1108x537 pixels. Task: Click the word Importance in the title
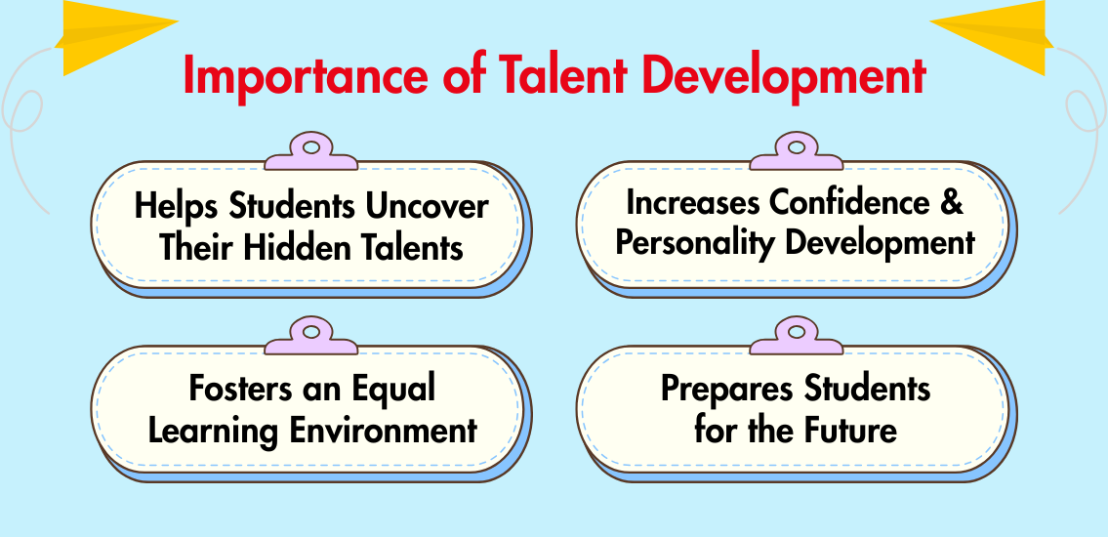coord(306,76)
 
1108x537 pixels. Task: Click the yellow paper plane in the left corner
coord(116,35)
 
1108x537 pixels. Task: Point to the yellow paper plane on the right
coord(992,35)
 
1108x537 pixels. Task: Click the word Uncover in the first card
coord(427,206)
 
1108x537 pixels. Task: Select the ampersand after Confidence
coord(953,203)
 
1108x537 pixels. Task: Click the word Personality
coord(695,244)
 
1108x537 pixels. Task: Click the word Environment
coord(385,431)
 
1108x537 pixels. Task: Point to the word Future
coord(853,430)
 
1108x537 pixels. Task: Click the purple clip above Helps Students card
coord(310,151)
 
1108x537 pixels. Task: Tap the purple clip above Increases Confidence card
coord(797,151)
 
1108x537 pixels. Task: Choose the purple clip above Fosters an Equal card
coord(310,336)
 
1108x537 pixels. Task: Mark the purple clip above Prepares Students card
coord(797,336)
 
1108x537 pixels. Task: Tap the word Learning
coord(214,431)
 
